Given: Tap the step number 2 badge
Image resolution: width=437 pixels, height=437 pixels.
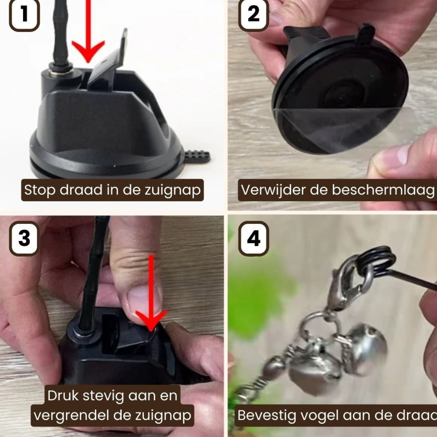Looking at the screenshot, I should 253,15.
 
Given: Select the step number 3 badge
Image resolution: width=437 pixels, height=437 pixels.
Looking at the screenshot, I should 24,239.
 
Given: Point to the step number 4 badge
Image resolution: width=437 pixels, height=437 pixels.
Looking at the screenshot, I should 253,239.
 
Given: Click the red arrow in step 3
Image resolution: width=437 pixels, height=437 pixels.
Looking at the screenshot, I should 151,299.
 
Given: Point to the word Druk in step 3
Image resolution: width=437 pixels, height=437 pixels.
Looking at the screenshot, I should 63,395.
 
